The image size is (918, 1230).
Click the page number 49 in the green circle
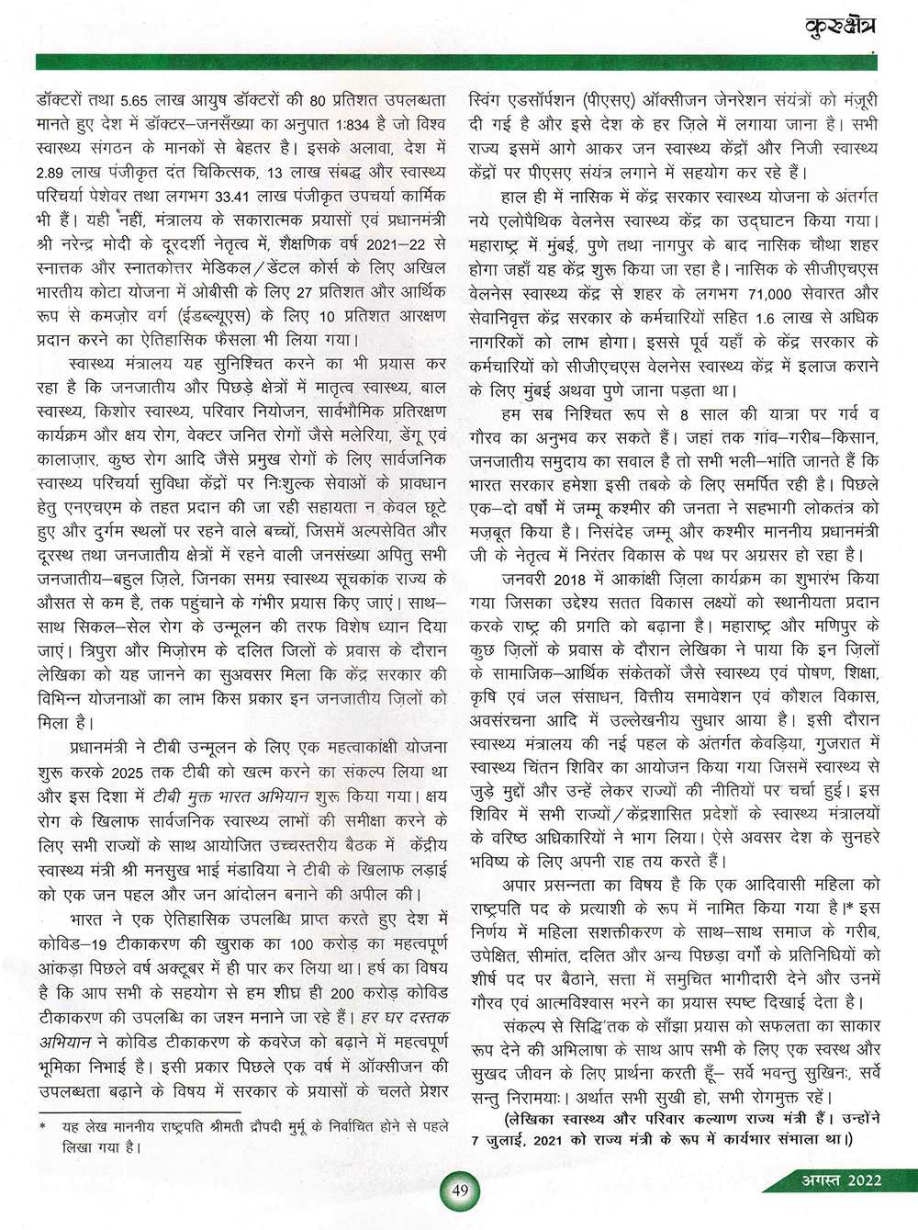460,1191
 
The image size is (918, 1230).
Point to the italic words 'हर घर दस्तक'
404,1018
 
